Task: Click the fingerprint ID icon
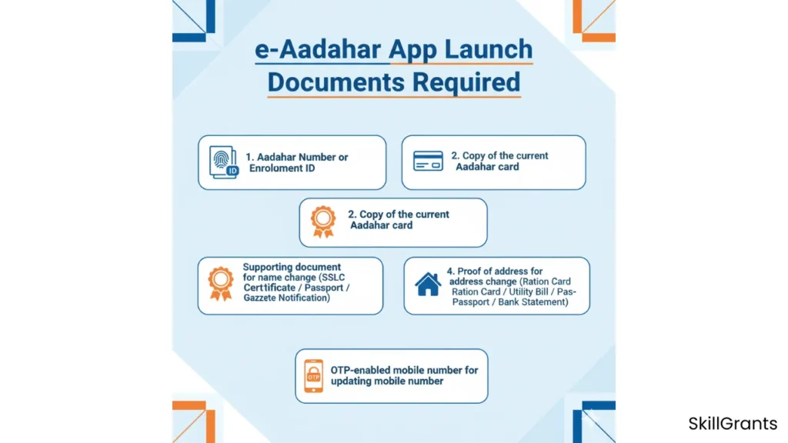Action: (224, 162)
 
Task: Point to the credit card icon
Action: (428, 161)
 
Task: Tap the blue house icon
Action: (428, 284)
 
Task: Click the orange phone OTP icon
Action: (313, 376)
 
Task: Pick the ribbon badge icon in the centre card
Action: (322, 221)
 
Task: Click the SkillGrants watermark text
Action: (732, 424)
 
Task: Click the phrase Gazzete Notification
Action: (286, 298)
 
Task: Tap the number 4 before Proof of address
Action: (450, 271)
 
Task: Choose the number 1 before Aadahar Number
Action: (249, 157)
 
